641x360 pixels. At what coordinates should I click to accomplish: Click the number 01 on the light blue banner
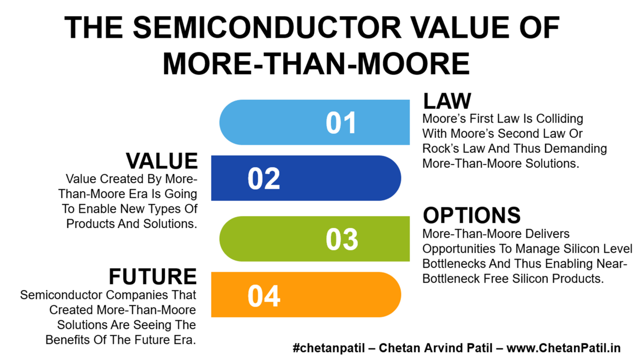(x=341, y=123)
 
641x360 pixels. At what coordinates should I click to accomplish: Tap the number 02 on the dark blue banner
(x=264, y=179)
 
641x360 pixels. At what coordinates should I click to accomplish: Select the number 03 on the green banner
(x=342, y=239)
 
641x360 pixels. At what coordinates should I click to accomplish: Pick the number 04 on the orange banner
(x=264, y=296)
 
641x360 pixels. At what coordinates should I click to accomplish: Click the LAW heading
(x=447, y=101)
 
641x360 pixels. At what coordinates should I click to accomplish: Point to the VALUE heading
(x=162, y=161)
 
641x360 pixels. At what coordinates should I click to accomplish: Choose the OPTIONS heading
(x=472, y=215)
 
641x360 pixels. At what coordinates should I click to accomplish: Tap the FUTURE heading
(x=153, y=277)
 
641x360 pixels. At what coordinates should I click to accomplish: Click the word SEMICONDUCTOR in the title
(x=267, y=28)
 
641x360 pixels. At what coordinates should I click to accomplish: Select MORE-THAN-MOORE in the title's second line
(x=316, y=64)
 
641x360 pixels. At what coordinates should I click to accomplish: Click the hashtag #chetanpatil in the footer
(x=329, y=348)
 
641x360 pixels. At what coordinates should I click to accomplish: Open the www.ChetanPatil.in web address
(x=563, y=348)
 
